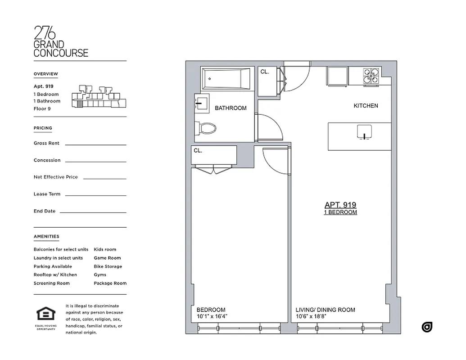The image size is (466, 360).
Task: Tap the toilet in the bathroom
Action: click(x=207, y=128)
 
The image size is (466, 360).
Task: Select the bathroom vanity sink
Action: click(x=201, y=104)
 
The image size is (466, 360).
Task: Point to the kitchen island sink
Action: click(x=364, y=131)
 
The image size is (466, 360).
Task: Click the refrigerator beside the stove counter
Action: click(x=337, y=76)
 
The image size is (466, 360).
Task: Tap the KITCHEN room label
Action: click(x=366, y=106)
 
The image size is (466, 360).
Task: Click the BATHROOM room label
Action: click(x=231, y=108)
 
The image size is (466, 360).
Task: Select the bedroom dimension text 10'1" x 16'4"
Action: click(x=212, y=316)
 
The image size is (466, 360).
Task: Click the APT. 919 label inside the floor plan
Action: click(x=340, y=205)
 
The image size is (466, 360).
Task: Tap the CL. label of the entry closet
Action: click(x=265, y=72)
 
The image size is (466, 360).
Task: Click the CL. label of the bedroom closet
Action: click(x=198, y=151)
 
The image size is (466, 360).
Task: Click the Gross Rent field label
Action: click(x=46, y=143)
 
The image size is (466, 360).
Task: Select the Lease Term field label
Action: click(x=47, y=194)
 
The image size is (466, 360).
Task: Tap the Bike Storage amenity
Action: click(x=108, y=266)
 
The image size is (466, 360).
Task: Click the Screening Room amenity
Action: click(x=51, y=283)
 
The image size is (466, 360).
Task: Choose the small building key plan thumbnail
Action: click(x=99, y=97)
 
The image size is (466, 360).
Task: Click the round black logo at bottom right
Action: click(x=427, y=327)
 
